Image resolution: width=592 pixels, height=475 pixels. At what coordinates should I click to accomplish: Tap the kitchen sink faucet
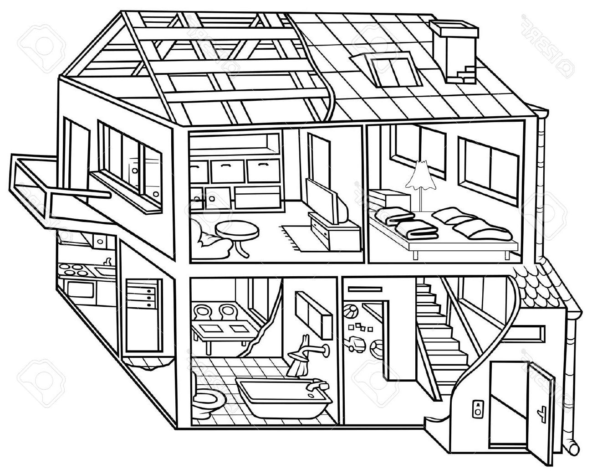tap(108, 262)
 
